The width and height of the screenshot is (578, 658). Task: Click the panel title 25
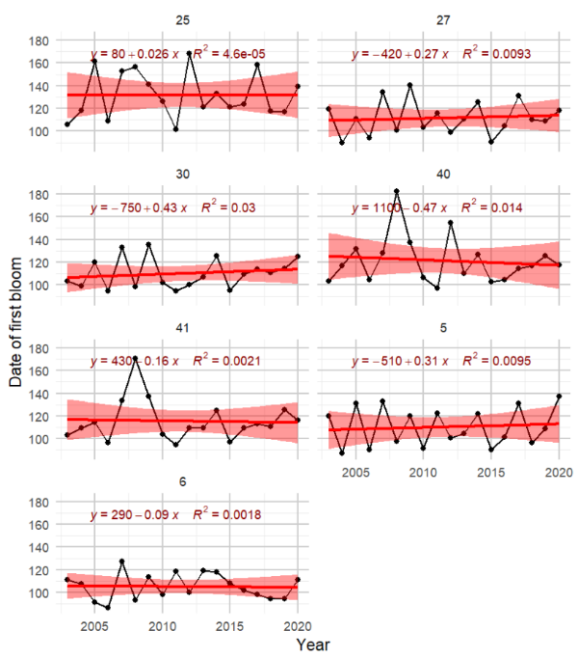(182, 19)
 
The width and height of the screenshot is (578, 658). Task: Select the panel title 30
(182, 173)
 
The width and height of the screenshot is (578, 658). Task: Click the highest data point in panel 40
(397, 191)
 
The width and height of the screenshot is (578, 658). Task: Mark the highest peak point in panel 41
(136, 358)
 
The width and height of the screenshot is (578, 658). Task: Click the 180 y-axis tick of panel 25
(39, 41)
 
